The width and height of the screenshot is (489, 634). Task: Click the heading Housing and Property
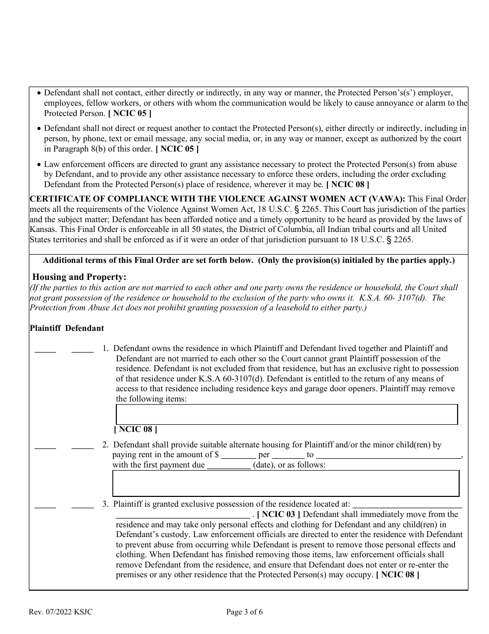79,277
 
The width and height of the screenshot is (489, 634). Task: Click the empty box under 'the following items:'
287,414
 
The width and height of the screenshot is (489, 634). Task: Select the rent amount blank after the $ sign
238,456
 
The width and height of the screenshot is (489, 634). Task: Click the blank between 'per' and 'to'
288,456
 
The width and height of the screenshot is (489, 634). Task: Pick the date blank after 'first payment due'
229,466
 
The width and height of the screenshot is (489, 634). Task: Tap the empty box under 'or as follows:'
286,483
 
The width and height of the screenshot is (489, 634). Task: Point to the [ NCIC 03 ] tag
278,514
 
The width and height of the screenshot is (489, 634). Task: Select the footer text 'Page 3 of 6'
244,612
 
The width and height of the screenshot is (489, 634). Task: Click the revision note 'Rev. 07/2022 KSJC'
61,612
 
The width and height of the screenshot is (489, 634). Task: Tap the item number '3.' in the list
105,504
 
